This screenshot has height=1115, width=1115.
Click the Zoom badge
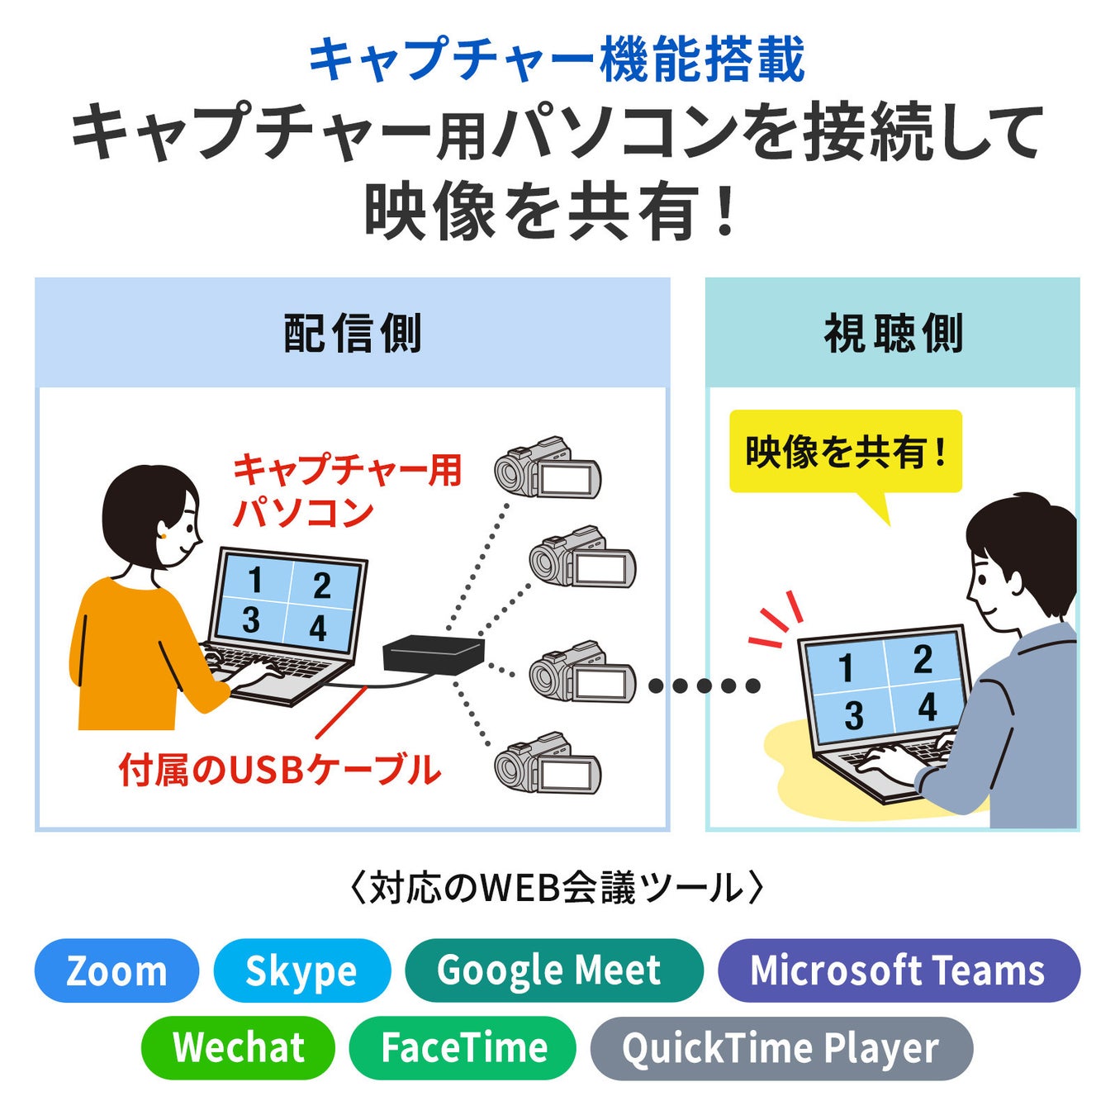click(116, 970)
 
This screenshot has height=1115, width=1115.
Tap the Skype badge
click(301, 970)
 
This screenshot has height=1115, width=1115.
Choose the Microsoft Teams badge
click(899, 970)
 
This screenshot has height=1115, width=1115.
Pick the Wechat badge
click(238, 1047)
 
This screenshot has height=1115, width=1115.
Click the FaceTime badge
click(463, 1047)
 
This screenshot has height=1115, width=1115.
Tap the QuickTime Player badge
click(780, 1047)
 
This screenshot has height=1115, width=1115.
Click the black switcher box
click(433, 656)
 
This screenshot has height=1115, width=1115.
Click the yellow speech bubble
click(846, 453)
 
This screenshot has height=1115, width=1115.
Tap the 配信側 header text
click(353, 334)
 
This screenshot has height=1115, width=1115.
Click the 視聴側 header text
click(893, 334)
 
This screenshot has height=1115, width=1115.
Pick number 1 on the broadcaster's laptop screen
click(255, 581)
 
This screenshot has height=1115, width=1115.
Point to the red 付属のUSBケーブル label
click(279, 770)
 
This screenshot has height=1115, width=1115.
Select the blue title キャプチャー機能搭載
click(557, 59)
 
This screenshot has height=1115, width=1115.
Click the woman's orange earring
click(163, 536)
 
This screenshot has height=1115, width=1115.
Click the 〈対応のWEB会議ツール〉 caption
click(557, 889)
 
